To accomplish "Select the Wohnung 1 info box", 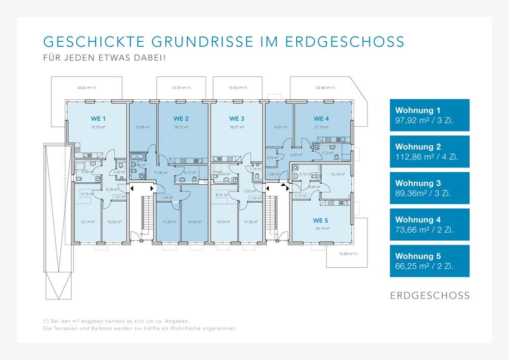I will (430, 115).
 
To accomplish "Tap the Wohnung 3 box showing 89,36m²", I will (430, 188).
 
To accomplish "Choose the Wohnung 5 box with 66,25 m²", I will (430, 261).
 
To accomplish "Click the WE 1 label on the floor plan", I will (98, 119).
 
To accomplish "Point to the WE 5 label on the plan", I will (321, 220).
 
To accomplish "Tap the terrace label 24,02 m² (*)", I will (87, 88).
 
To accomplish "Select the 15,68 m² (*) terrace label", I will (348, 254).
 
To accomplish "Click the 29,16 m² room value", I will (323, 229).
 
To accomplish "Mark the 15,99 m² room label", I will (143, 127).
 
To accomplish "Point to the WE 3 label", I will (237, 119).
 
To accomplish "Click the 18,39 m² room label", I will (194, 221).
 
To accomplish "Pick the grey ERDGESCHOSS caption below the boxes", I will (430, 295).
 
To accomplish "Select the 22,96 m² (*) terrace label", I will (326, 88).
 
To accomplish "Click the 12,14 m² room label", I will (88, 221).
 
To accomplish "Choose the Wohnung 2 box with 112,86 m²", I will (430, 152).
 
